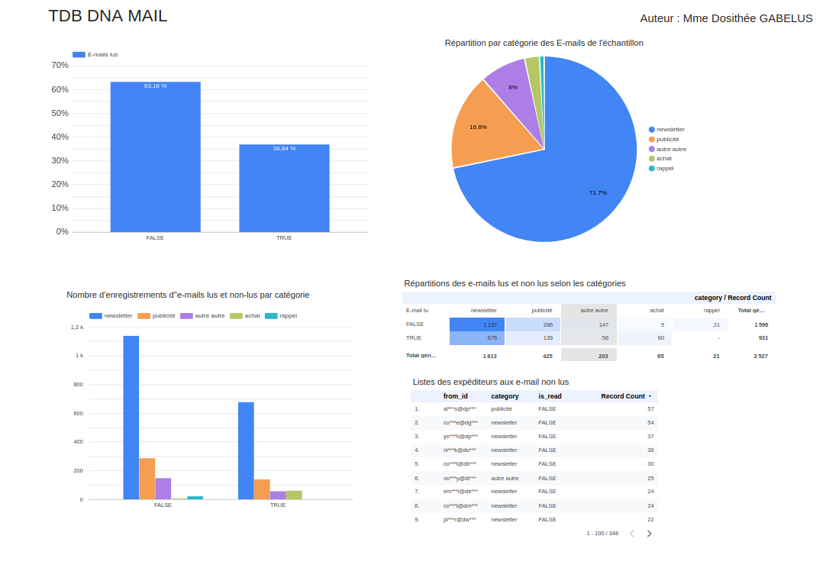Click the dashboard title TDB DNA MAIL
point(108,16)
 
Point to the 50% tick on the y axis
point(60,113)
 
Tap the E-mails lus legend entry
point(95,55)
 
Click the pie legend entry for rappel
point(664,168)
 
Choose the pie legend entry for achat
point(663,158)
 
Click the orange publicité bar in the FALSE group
point(147,479)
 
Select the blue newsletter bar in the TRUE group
point(246,450)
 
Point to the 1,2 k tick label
point(77,327)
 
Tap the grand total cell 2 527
point(760,356)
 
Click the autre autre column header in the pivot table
point(594,311)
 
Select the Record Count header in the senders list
point(623,396)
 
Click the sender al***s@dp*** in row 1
point(460,409)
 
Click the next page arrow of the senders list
point(650,534)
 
